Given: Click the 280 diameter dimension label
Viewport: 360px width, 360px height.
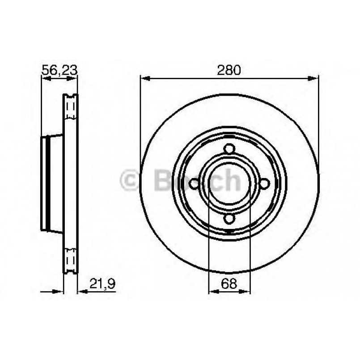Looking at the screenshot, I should [229, 70].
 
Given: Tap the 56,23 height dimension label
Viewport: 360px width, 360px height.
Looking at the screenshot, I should [59, 70].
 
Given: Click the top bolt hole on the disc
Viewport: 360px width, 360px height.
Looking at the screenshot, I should [229, 148].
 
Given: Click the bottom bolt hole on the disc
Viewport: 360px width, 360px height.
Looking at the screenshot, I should [229, 218].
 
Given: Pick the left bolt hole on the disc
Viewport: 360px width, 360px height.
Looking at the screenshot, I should [195, 183].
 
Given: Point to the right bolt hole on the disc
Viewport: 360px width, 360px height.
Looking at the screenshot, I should [264, 183].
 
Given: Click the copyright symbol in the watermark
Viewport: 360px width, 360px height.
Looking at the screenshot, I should [130, 181].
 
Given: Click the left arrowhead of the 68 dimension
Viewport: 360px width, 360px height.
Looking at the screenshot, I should [212, 291].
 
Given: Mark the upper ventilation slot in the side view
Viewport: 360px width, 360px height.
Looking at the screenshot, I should [71, 107].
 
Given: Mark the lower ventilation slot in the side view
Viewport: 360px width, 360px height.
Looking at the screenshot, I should [71, 259].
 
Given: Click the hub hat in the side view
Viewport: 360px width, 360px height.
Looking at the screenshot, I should [51, 183].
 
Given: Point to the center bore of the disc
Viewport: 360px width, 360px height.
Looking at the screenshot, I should [229, 183].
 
